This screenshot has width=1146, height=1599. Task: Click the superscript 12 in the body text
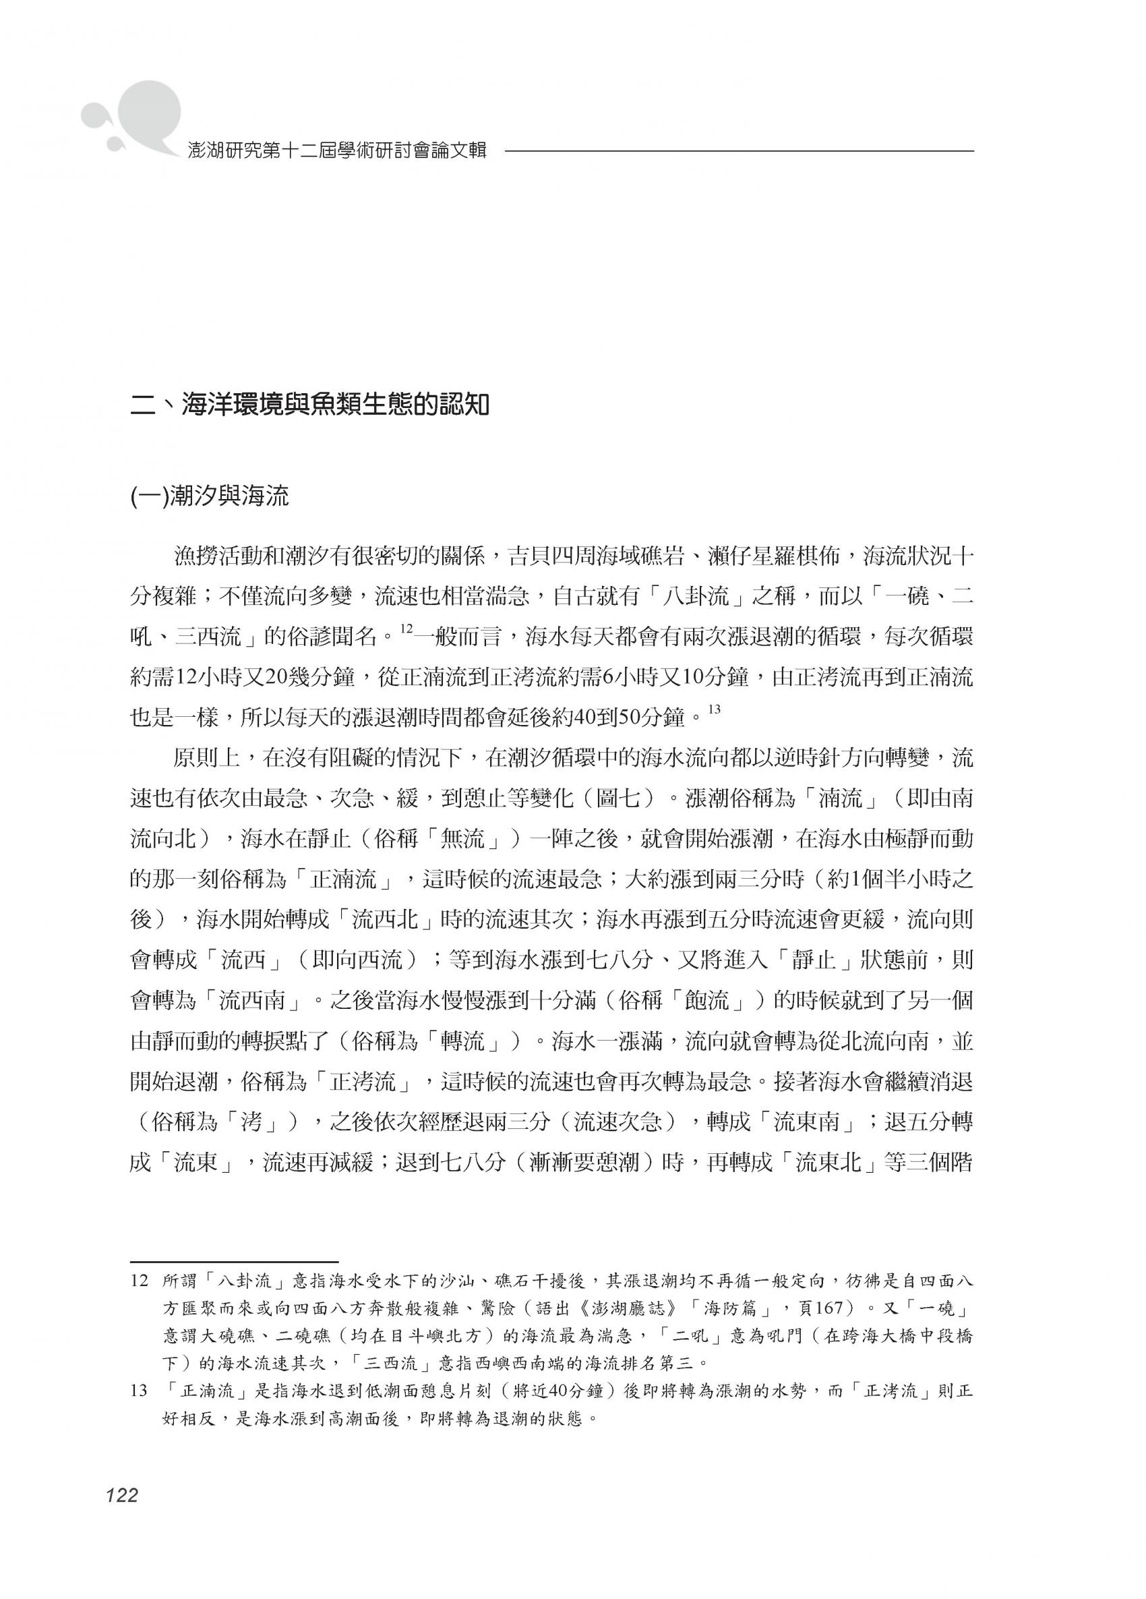point(406,629)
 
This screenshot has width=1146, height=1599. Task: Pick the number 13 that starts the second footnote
point(140,1391)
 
